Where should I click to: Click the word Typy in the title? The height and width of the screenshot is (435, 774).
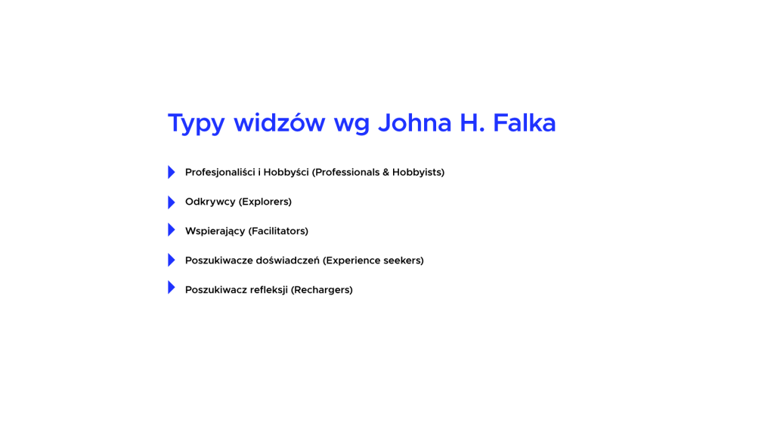pyautogui.click(x=197, y=124)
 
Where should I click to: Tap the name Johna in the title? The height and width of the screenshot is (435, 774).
pyautogui.click(x=415, y=123)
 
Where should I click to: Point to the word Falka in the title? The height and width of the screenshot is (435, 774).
pyautogui.click(x=525, y=122)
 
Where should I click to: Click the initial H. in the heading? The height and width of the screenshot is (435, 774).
pyautogui.click(x=472, y=123)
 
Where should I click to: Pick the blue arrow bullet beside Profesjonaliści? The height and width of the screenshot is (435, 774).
pyautogui.click(x=172, y=172)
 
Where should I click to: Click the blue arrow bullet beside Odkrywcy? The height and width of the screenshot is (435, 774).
pyautogui.click(x=172, y=202)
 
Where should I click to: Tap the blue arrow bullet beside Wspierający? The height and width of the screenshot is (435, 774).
pyautogui.click(x=172, y=230)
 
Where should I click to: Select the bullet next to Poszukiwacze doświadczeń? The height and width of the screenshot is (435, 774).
pyautogui.click(x=172, y=260)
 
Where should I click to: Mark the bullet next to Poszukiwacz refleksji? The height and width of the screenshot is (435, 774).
pyautogui.click(x=172, y=288)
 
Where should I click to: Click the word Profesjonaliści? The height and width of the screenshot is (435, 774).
pyautogui.click(x=220, y=173)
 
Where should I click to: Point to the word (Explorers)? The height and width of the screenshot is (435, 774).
pyautogui.click(x=265, y=202)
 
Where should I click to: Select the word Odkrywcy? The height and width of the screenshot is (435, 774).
pyautogui.click(x=210, y=202)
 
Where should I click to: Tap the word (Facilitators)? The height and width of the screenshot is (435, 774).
pyautogui.click(x=278, y=231)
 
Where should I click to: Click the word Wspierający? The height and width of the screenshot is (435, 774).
pyautogui.click(x=215, y=231)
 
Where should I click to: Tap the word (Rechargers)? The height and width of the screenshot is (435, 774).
pyautogui.click(x=322, y=290)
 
